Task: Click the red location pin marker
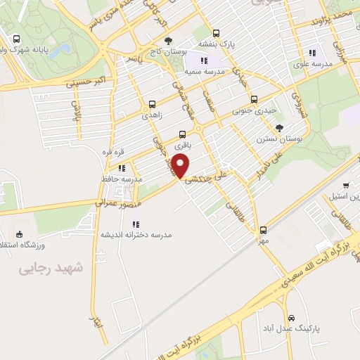pos(181,166)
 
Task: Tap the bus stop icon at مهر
pos(263,230)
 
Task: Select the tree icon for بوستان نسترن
pos(280,128)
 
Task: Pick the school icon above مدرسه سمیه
pos(203,61)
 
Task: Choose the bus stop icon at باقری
pos(183,134)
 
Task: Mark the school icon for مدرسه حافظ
pos(122,168)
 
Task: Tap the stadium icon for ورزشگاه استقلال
pos(19,234)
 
